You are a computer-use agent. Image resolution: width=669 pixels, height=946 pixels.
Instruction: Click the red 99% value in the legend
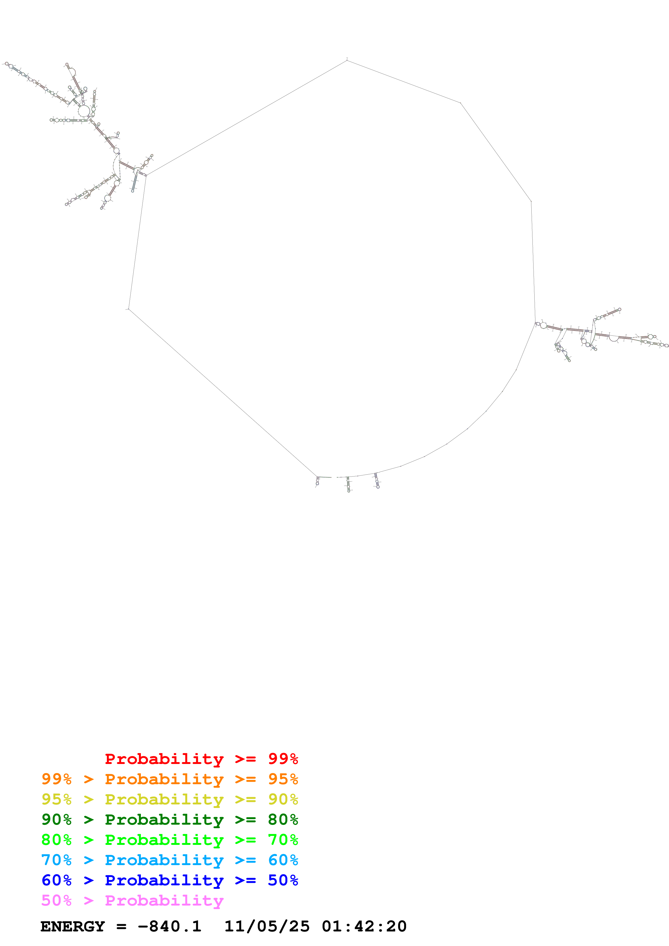283,759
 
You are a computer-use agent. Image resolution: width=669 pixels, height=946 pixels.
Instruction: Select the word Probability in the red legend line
164,759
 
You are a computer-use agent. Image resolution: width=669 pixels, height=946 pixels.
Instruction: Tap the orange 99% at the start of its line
56,779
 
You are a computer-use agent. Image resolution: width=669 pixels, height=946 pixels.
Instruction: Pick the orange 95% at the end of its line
283,779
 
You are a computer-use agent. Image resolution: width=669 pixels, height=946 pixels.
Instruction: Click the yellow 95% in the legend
56,799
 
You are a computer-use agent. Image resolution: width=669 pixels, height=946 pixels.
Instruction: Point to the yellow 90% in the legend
283,799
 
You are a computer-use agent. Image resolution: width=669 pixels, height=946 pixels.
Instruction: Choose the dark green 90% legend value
56,820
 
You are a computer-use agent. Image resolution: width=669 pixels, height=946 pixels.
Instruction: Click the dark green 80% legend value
283,820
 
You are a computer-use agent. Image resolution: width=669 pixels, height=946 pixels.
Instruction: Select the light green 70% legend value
283,840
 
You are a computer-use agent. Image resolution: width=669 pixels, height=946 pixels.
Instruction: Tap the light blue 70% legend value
56,860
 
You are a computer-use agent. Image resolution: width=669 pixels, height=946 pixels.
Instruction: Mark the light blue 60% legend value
283,860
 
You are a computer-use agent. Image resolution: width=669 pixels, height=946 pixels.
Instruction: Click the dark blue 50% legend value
283,880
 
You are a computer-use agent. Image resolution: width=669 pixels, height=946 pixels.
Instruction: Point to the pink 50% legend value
56,900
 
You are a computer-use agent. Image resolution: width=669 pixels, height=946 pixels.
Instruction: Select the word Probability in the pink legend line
164,900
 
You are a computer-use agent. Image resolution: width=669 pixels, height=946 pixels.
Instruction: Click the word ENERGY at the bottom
73,926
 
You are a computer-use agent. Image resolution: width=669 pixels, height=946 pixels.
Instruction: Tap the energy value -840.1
169,926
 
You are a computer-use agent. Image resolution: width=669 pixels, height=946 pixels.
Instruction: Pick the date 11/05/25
267,926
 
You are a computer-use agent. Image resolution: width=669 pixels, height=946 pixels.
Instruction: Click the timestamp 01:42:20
364,926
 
